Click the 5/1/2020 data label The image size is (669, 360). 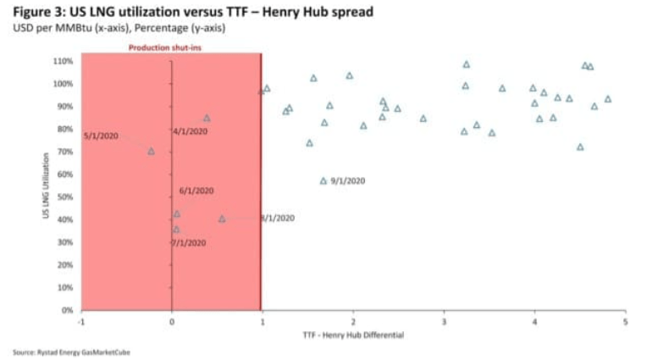(101, 136)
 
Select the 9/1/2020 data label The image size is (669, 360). (348, 180)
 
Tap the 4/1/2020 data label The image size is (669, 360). (190, 131)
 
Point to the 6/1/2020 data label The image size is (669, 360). (196, 191)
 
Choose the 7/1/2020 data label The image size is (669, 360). (189, 243)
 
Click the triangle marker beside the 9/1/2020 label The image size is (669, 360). (323, 180)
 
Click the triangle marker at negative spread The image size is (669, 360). (152, 151)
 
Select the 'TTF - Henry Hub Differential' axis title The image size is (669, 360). (353, 335)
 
